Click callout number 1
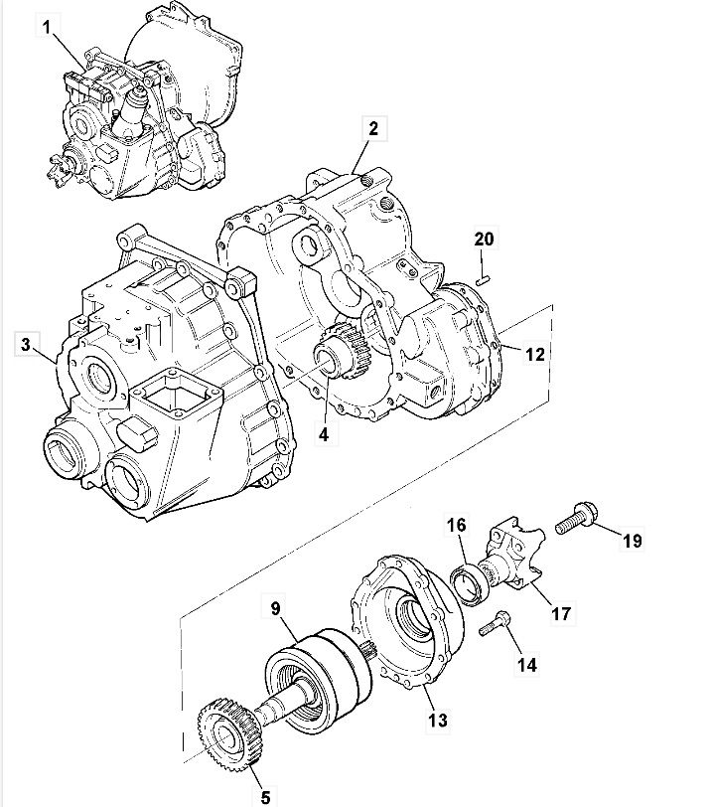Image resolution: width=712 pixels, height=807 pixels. click(x=47, y=27)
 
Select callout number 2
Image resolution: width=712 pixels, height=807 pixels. click(x=373, y=128)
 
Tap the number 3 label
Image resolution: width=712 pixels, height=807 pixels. click(x=26, y=344)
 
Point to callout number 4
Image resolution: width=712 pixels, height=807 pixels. click(x=324, y=434)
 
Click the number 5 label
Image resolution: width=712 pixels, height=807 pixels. click(x=265, y=797)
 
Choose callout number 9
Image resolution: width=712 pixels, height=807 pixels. click(x=276, y=608)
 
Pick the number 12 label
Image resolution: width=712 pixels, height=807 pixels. click(x=534, y=354)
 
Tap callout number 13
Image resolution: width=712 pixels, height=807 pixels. click(x=438, y=720)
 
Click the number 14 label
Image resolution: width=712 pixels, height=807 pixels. click(x=527, y=665)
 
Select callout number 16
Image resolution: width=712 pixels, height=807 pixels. click(x=456, y=525)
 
